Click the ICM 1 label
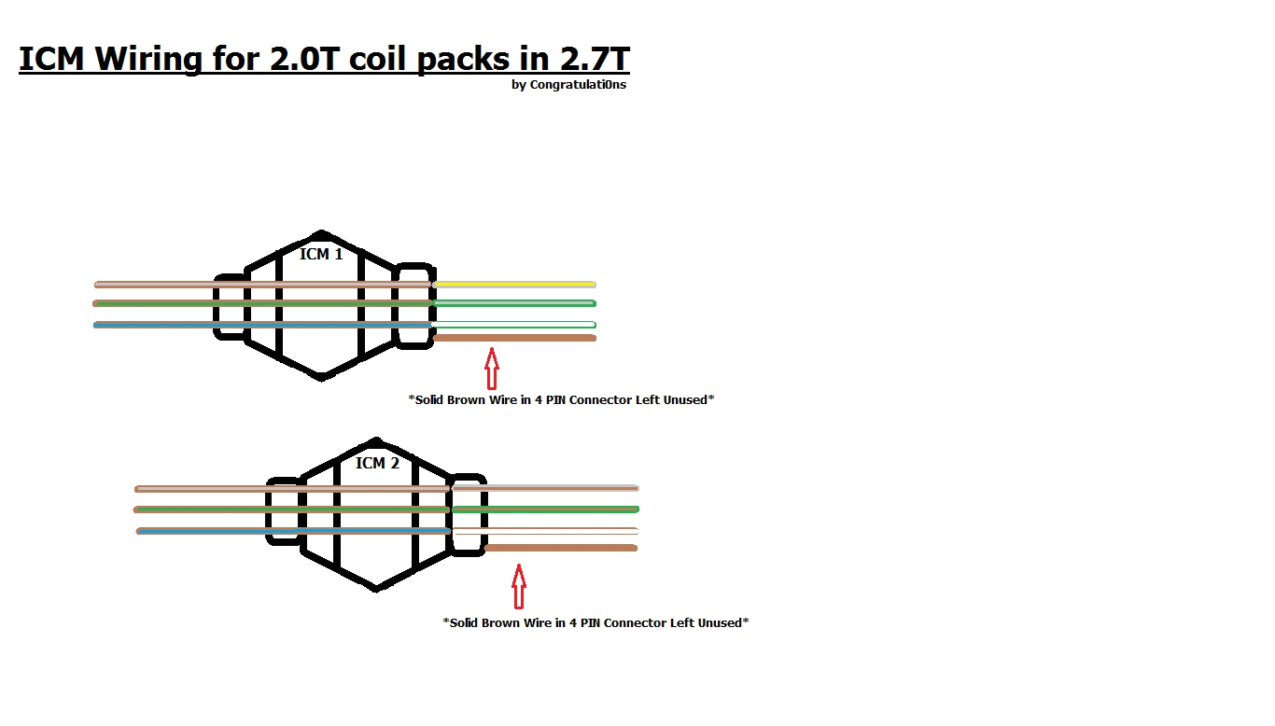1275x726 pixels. (321, 254)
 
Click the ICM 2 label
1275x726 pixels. (377, 463)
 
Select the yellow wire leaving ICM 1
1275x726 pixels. (514, 284)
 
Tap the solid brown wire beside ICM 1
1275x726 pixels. (514, 338)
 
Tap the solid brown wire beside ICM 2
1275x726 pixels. (560, 548)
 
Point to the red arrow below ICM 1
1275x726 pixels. (491, 368)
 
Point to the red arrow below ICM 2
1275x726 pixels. (519, 587)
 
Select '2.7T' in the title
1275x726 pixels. (594, 59)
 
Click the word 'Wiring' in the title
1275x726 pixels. (147, 60)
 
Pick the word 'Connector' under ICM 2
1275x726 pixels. (634, 622)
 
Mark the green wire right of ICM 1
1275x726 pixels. (514, 303)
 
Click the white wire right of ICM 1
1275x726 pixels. (514, 325)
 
